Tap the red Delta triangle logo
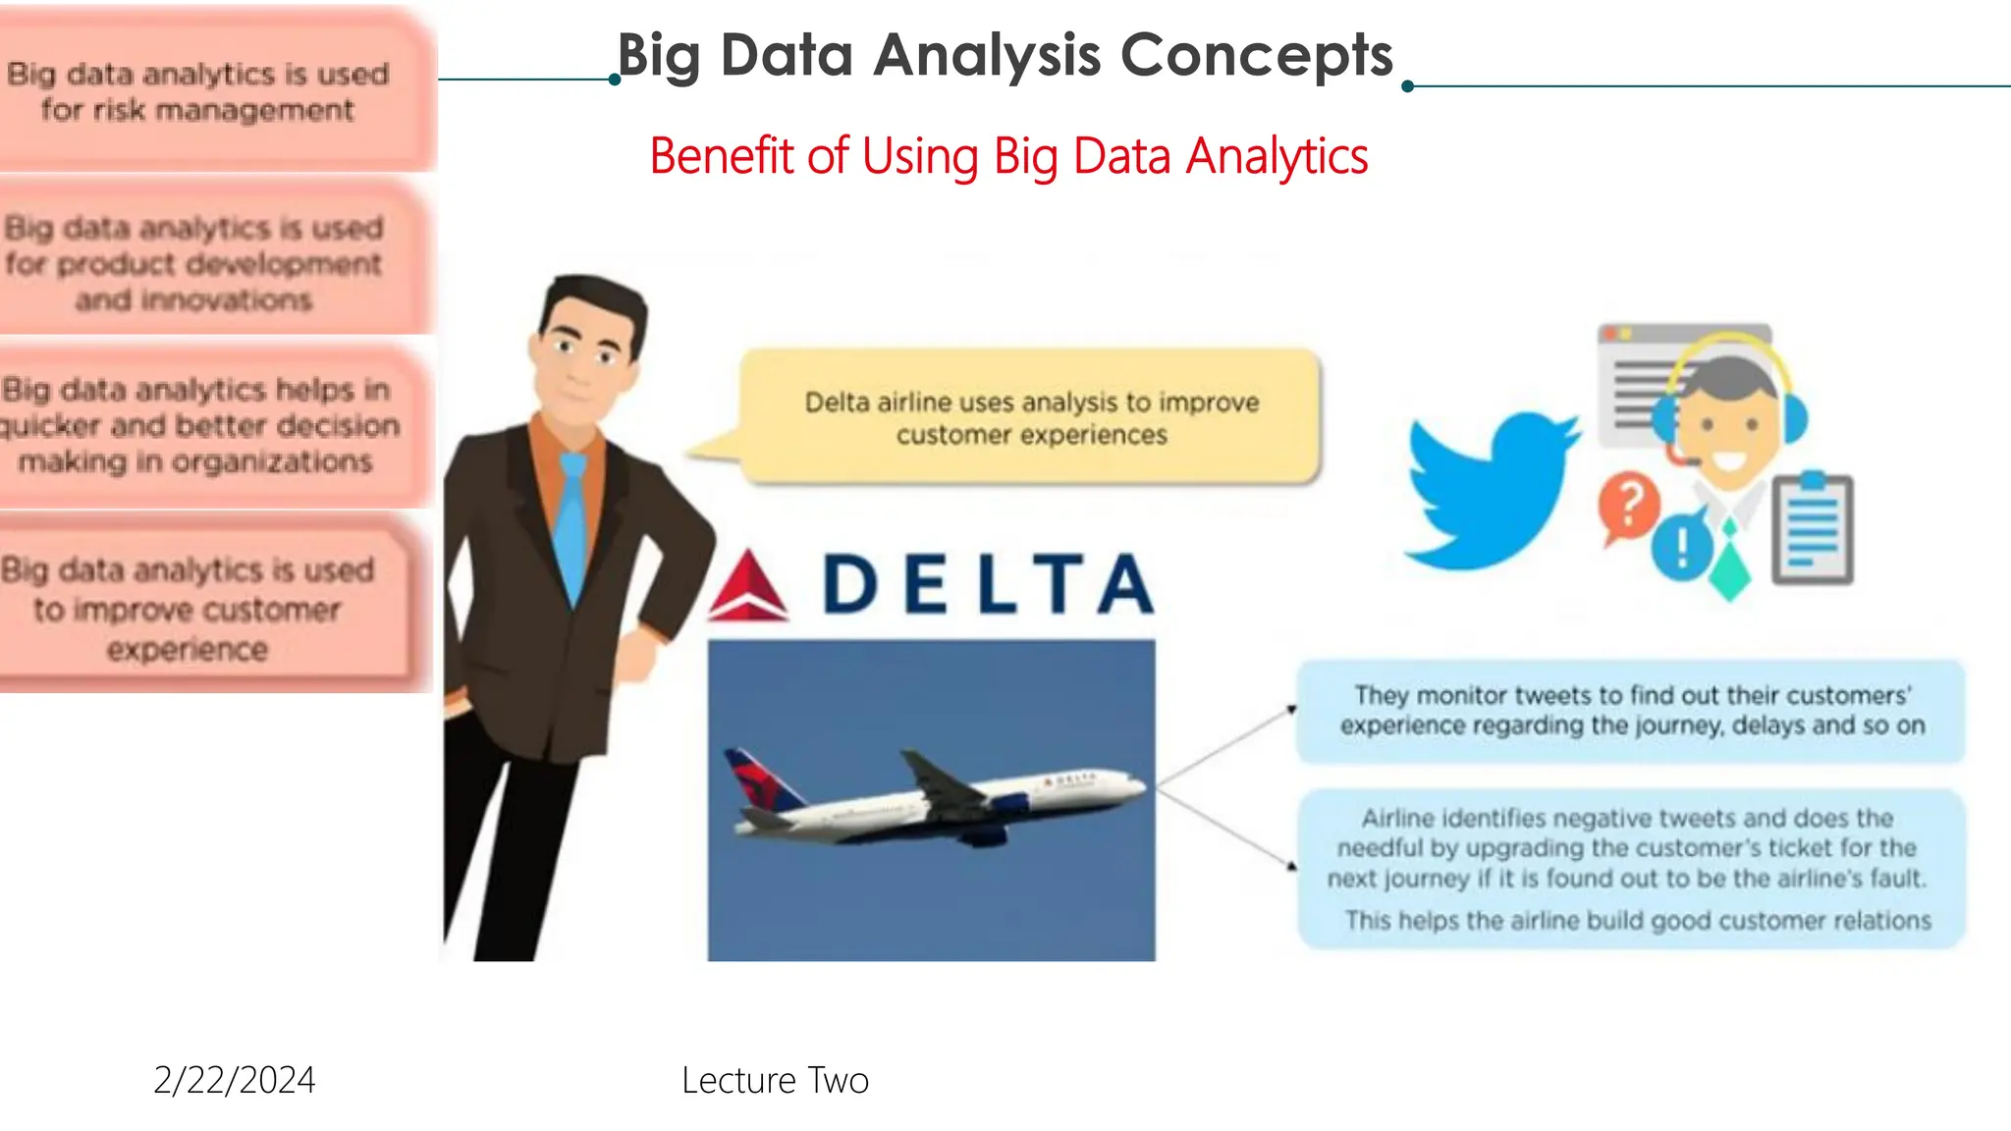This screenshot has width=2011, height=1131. point(748,589)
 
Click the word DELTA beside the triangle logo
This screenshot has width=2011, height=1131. point(988,585)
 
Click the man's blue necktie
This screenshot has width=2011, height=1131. point(572,520)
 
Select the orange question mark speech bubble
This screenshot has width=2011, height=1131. point(1628,506)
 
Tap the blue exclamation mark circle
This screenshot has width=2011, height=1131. point(1681,546)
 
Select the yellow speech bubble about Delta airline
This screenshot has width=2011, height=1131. point(1030,418)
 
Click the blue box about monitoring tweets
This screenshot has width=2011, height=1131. point(1630,711)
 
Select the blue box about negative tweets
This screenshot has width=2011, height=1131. point(1630,868)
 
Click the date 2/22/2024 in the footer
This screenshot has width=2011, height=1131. point(235,1080)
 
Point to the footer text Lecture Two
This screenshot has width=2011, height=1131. point(775,1080)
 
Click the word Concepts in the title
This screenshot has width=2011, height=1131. point(1256,55)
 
